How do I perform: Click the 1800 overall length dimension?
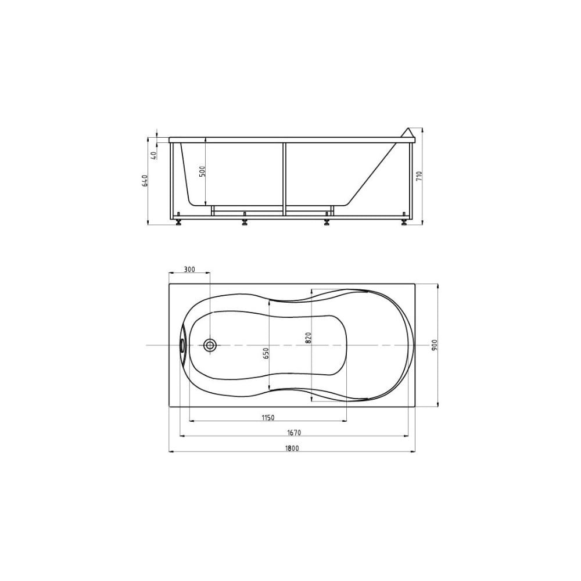click(x=292, y=448)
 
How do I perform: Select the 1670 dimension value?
click(x=294, y=432)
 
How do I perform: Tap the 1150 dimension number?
click(x=268, y=418)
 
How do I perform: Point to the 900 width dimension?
click(x=435, y=345)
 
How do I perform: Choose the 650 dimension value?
click(x=266, y=353)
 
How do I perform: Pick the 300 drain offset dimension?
click(x=189, y=270)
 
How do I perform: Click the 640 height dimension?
click(x=145, y=181)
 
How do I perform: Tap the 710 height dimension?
click(x=419, y=175)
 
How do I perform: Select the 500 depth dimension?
click(x=202, y=171)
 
